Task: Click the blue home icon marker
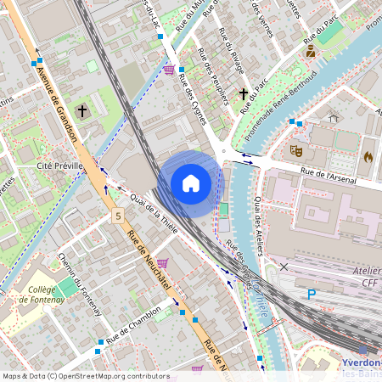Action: (191, 183)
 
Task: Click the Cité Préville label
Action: (59, 166)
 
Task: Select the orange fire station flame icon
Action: (368, 157)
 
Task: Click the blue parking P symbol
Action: (312, 294)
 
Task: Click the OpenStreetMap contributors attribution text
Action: (85, 376)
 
